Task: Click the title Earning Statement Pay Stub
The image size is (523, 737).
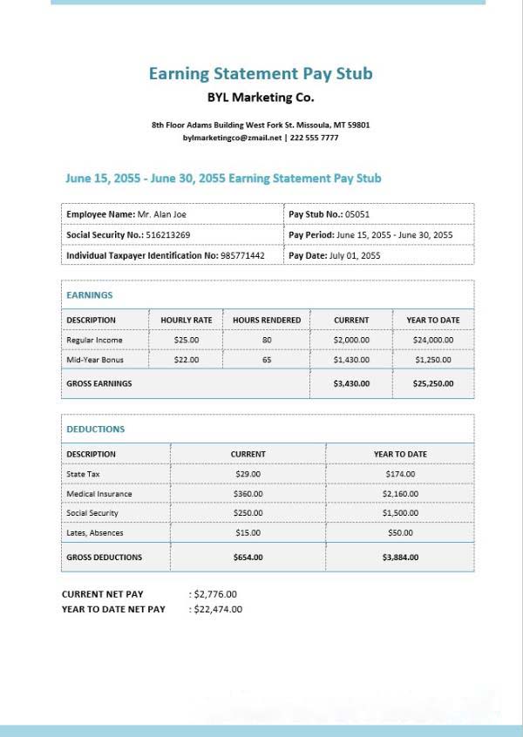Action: click(x=261, y=74)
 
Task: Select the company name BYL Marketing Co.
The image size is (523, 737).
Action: click(x=261, y=98)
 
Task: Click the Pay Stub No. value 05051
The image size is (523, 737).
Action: click(x=358, y=213)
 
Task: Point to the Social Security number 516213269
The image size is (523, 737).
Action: click(x=168, y=235)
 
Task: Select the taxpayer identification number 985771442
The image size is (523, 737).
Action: click(x=242, y=256)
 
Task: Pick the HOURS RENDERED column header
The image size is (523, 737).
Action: click(x=267, y=320)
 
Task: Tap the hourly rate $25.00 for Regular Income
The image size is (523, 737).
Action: click(x=187, y=340)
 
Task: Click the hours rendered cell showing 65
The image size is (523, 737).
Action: click(x=267, y=360)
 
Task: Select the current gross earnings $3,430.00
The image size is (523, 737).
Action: click(x=351, y=383)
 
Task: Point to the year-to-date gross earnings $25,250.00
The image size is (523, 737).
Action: click(x=433, y=383)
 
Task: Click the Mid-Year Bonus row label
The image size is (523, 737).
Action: click(x=95, y=360)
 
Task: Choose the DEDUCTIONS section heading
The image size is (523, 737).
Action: click(x=96, y=429)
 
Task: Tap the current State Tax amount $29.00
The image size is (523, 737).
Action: click(x=248, y=474)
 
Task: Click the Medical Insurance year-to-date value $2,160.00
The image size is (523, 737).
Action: click(x=401, y=494)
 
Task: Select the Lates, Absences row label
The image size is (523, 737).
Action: click(x=95, y=533)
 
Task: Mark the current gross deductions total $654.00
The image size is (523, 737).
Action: click(x=248, y=558)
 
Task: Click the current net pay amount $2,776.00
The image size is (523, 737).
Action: click(x=215, y=594)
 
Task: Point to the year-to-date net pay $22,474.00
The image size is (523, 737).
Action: click(x=218, y=609)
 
